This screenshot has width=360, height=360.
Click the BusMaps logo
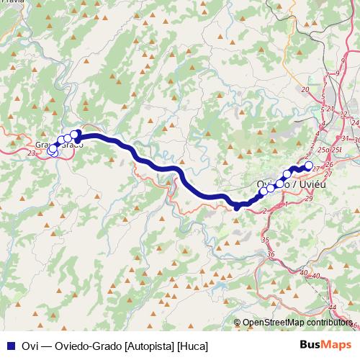coord(328,344)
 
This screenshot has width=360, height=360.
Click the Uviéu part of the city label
coord(312,184)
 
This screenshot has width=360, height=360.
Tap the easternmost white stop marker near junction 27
coord(309,166)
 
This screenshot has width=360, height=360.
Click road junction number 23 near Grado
coord(31,153)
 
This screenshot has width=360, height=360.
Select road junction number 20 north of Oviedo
coord(305,89)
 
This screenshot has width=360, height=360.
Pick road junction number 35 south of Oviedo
coord(264,240)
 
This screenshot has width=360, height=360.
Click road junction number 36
coord(271,254)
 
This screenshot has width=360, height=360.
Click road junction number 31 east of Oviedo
coord(346,138)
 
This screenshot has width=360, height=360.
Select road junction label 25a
coord(325,149)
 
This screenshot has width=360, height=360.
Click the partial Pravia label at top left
coord(12,2)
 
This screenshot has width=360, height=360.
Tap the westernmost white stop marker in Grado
coord(51,150)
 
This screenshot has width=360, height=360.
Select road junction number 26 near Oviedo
coord(328,164)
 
